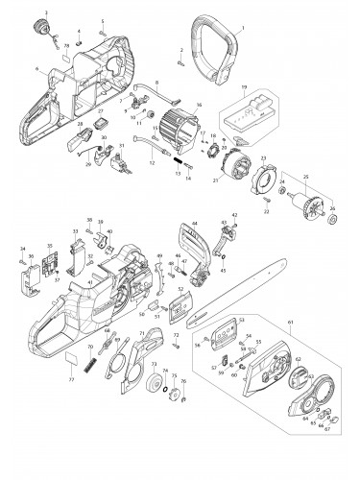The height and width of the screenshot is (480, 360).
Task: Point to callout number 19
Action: coord(244,86)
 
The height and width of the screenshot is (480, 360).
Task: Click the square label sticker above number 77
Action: coord(71,382)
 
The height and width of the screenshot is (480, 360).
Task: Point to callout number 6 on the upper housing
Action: coord(36,69)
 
